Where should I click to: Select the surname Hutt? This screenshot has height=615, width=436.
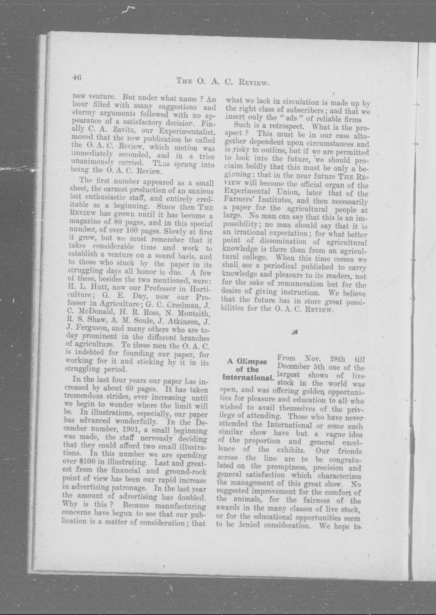click(x=97, y=288)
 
